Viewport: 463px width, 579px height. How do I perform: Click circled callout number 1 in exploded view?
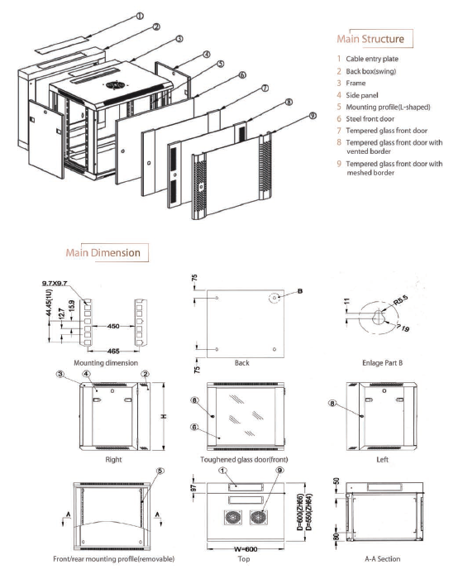[140, 15]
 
